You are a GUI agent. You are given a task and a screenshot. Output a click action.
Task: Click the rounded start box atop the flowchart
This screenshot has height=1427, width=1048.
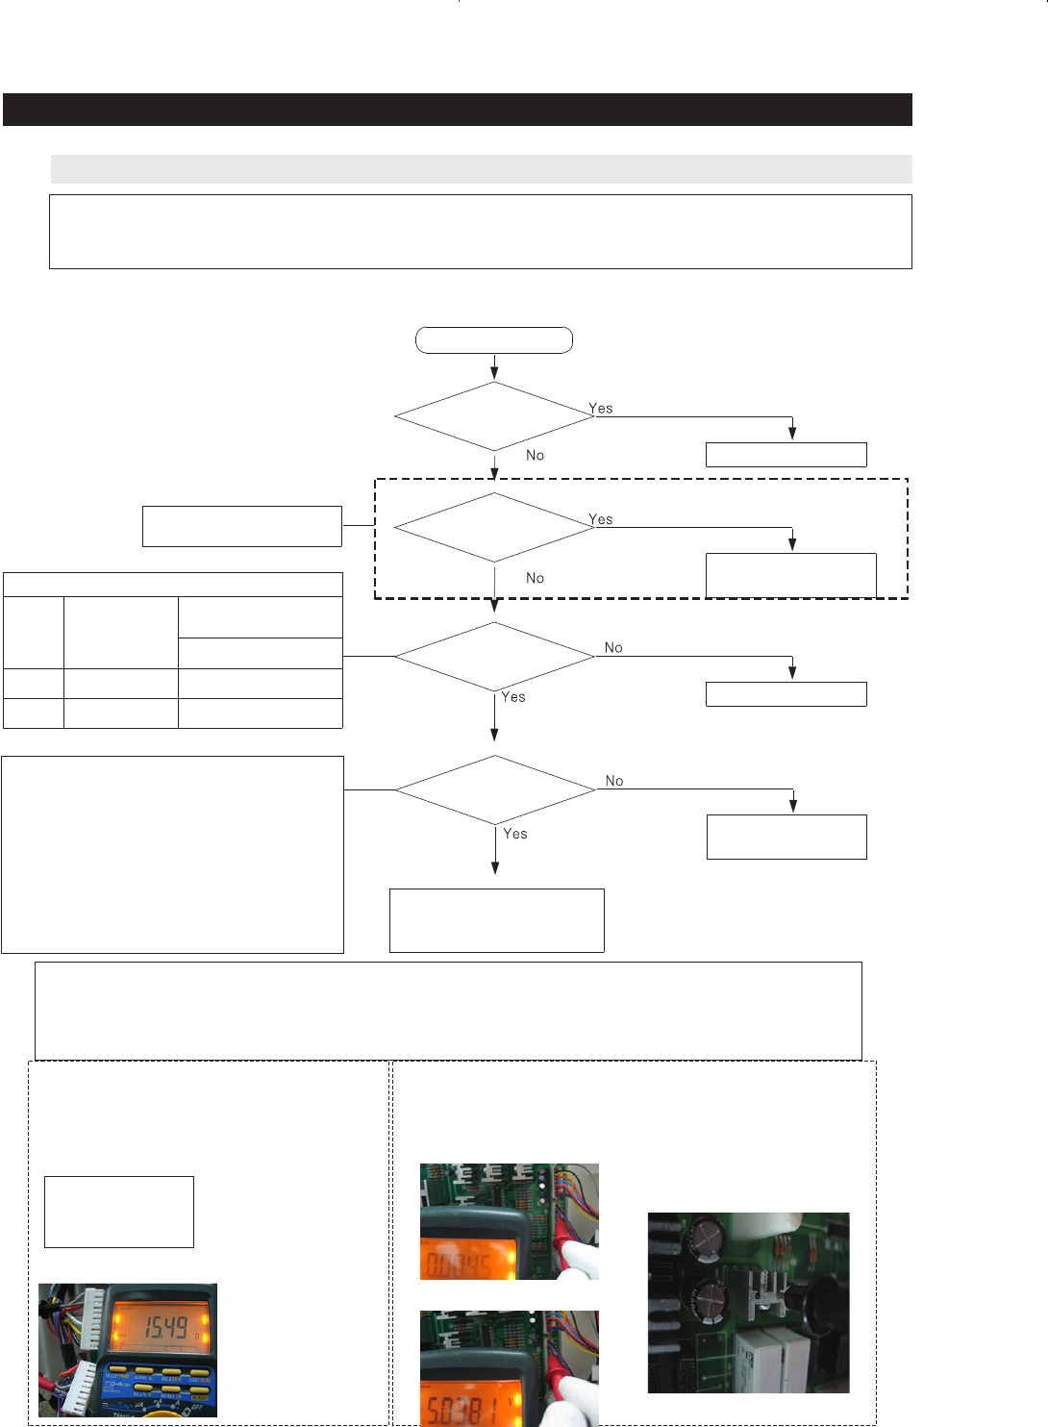pos(494,340)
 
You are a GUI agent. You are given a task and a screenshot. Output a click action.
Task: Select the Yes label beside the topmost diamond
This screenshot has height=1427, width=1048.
pos(601,409)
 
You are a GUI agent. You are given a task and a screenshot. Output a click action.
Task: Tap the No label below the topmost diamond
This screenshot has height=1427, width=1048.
pos(535,456)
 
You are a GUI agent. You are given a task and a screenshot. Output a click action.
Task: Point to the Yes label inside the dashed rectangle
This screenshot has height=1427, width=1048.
pos(601,519)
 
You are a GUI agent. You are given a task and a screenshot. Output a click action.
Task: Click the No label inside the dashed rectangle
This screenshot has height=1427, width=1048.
pos(535,578)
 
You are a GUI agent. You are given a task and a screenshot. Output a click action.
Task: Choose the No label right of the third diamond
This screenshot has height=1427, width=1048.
pos(613,648)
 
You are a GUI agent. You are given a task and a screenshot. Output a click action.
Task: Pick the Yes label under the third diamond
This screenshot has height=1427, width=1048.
pos(513,697)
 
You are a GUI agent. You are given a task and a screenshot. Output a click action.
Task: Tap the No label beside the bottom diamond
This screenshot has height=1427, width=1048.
pos(614,781)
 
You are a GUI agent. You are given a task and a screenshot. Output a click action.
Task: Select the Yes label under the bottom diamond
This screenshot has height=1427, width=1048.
pos(515,834)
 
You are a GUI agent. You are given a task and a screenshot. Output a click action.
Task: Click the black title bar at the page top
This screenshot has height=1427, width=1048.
pos(458,110)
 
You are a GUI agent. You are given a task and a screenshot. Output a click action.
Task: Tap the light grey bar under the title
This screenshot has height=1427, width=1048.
pos(481,169)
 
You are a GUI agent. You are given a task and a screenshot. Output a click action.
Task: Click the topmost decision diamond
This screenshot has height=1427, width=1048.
pos(494,416)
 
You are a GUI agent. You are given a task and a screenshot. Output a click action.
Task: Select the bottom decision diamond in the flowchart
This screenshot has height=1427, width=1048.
pos(495,789)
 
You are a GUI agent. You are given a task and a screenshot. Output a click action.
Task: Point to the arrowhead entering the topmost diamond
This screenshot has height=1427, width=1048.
pos(494,374)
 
